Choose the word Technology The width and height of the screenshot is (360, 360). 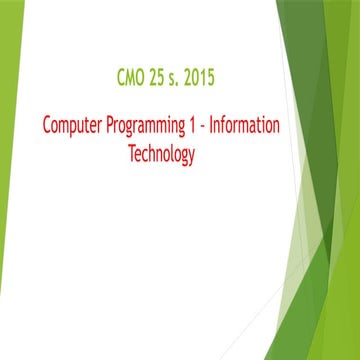[x=160, y=154]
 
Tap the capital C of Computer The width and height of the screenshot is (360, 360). [x=46, y=128]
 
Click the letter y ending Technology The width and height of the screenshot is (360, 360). [x=190, y=156]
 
